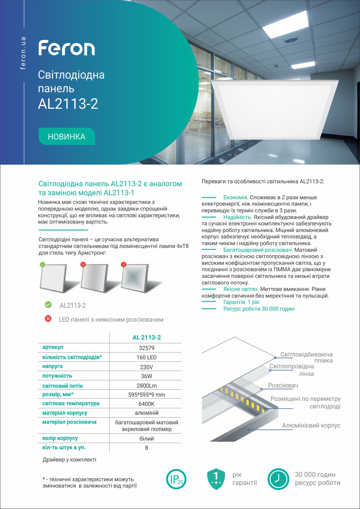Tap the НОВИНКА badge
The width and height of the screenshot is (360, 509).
coord(67,137)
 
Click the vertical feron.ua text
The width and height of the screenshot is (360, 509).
coord(23,53)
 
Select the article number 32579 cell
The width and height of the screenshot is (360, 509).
coord(146,348)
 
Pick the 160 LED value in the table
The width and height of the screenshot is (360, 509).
coord(146,358)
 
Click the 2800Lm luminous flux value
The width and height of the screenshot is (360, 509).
coord(146,386)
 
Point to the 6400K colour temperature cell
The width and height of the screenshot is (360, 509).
coord(146,404)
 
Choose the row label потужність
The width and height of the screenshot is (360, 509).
coord(57,376)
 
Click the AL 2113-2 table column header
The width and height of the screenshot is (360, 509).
coord(146,337)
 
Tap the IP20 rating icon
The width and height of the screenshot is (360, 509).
coord(176,479)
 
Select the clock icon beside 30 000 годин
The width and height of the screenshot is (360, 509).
coord(278,479)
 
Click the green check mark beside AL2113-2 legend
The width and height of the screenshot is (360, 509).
coord(48,305)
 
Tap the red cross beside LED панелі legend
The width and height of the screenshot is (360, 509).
coord(48,319)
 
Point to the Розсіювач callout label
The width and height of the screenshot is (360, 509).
coord(283,385)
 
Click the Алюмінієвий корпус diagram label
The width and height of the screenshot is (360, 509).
coord(311,425)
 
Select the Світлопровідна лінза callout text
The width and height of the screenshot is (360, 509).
coord(292,370)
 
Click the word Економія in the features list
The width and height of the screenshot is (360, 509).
coord(236,198)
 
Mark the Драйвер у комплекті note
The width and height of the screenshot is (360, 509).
coord(69,460)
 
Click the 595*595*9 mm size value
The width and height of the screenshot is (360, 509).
coord(146,395)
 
